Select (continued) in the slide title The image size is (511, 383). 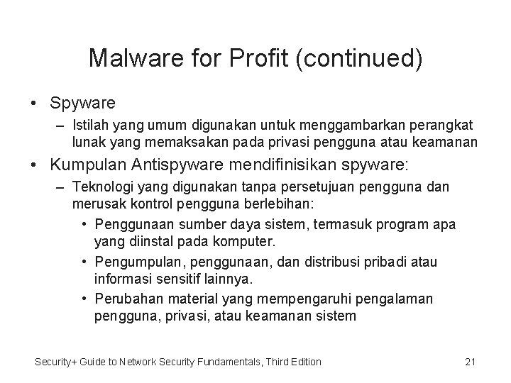click(363, 58)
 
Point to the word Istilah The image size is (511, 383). click(92, 126)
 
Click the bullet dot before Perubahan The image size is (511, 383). click(84, 299)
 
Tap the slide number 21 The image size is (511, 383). click(469, 362)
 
